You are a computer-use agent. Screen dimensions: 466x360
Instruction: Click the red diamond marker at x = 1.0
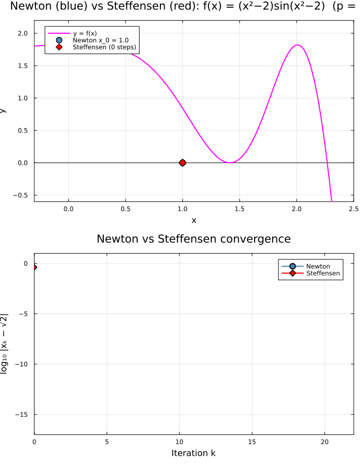(183, 163)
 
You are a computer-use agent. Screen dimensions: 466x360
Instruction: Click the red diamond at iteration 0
(34, 267)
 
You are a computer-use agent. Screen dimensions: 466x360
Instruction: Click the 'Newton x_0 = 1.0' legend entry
(101, 40)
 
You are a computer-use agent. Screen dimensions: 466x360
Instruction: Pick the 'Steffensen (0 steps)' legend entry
(104, 47)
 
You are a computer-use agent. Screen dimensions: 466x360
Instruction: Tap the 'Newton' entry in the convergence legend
(318, 266)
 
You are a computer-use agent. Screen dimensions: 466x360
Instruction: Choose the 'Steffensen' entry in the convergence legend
(323, 273)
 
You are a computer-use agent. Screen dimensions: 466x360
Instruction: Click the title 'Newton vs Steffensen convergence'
(194, 239)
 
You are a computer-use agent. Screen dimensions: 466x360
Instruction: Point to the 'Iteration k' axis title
(194, 453)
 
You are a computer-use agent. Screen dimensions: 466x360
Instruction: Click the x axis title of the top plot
(194, 220)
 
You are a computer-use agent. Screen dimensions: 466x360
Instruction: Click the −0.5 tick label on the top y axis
(22, 195)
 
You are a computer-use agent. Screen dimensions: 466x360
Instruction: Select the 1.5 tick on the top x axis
(239, 209)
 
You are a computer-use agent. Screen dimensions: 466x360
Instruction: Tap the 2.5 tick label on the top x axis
(353, 209)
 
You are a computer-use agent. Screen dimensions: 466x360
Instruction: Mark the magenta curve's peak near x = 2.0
(298, 45)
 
